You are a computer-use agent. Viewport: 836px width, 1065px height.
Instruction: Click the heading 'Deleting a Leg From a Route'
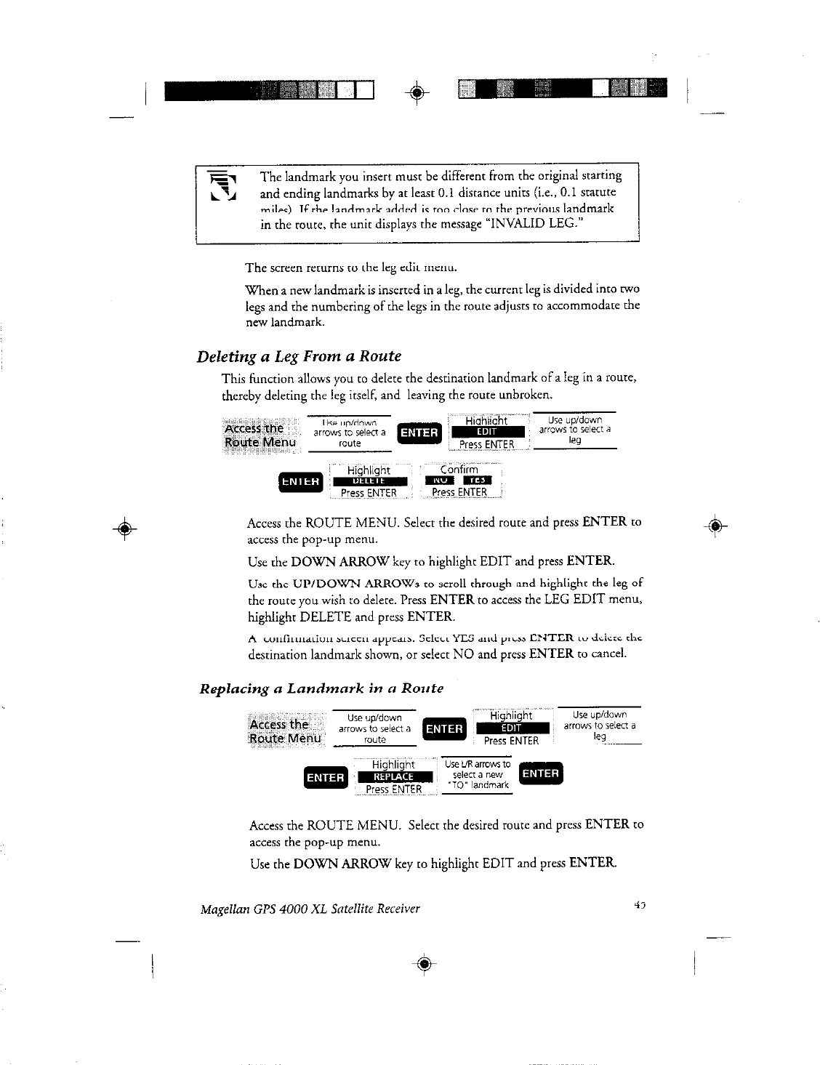299,356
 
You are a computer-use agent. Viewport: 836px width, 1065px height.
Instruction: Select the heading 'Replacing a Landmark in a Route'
321,688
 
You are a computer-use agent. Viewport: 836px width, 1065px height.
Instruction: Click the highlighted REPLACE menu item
393,777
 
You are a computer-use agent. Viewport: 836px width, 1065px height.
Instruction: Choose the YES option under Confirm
478,481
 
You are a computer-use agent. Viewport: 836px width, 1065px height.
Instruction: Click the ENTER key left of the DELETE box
300,481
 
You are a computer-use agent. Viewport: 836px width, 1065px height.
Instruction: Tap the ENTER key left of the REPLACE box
325,777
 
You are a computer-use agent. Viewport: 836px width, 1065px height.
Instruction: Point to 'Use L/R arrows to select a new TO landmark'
478,775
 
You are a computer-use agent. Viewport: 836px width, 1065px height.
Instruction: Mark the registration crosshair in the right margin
715,526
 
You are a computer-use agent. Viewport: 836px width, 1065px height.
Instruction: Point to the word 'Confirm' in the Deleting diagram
459,469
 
